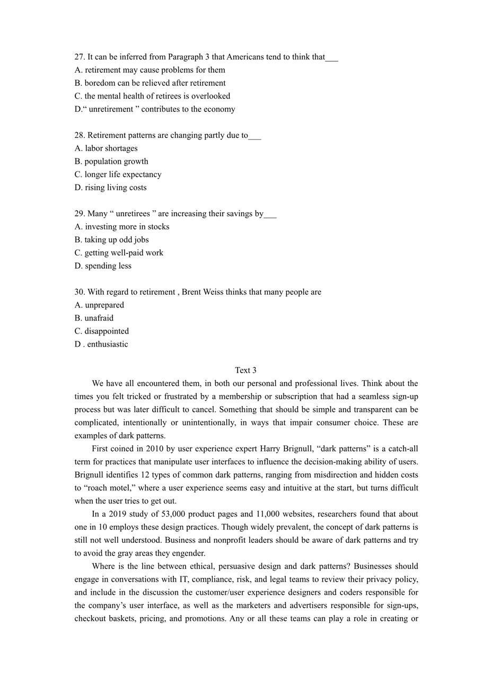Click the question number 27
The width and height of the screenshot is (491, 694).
[80, 57]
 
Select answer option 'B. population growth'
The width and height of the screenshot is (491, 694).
[111, 161]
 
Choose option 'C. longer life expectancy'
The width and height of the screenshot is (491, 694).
[118, 174]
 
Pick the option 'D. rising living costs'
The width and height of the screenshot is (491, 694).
[110, 187]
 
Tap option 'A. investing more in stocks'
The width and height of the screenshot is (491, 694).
[122, 226]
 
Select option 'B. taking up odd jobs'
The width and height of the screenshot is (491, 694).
[111, 240]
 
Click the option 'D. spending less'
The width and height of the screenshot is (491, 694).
[103, 266]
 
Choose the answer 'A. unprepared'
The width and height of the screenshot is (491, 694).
[99, 305]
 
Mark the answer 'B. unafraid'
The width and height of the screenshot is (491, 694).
[94, 318]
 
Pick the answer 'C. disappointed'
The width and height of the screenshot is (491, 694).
[102, 331]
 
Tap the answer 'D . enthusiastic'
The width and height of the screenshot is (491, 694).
[101, 344]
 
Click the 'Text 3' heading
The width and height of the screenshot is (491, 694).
[245, 370]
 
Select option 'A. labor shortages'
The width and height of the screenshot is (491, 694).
[106, 148]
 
